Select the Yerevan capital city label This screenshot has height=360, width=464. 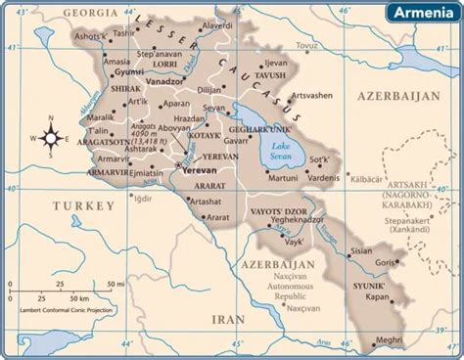click(x=201, y=169)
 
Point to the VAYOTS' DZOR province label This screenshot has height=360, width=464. click(x=282, y=207)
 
